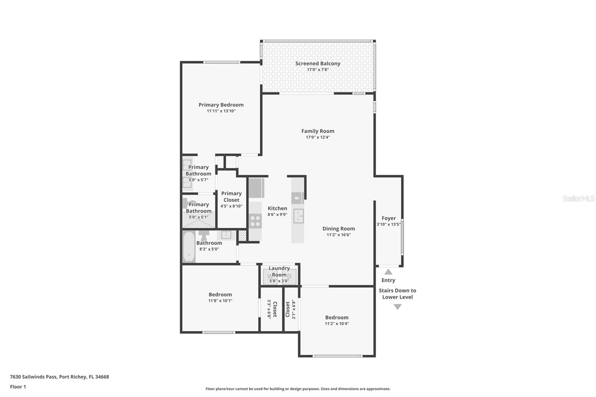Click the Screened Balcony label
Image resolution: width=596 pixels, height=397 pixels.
click(318, 63)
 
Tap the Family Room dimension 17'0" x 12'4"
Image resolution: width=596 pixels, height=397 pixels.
click(318, 137)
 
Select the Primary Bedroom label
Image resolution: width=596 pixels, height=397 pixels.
click(221, 105)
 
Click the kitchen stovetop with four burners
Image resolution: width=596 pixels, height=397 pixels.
click(255, 221)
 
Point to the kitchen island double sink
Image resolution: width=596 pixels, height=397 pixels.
click(298, 216)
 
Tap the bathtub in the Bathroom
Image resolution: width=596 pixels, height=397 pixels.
click(189, 247)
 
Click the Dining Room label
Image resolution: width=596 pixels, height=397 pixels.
click(339, 229)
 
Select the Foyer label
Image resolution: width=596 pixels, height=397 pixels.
click(389, 218)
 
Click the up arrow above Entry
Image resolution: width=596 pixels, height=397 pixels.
click(388, 271)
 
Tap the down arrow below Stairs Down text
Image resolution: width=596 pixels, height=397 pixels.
click(397, 307)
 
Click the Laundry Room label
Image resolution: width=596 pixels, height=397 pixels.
click(279, 271)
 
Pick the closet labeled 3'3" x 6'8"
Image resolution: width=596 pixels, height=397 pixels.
click(272, 309)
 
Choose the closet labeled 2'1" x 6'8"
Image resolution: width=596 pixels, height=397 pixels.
click(291, 309)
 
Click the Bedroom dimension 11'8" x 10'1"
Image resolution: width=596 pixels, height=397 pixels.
click(220, 301)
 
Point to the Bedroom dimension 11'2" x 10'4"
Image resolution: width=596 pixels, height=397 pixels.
click(337, 324)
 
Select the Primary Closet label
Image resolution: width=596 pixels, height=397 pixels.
click(231, 197)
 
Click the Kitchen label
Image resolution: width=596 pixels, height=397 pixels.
click(277, 208)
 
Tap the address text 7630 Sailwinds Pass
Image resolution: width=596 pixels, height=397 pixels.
click(33, 377)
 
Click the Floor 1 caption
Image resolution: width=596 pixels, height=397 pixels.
click(18, 387)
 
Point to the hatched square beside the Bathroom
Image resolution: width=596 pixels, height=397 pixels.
click(242, 236)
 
